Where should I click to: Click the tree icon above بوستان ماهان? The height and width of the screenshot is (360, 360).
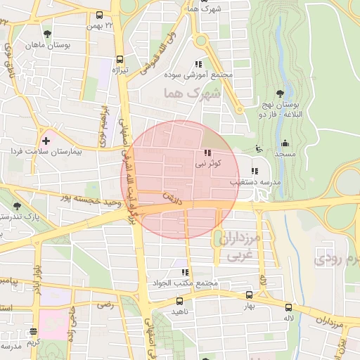(x=47, y=33)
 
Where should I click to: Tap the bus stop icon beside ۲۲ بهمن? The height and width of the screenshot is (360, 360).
(x=100, y=15)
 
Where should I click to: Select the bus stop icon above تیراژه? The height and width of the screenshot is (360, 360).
(x=120, y=59)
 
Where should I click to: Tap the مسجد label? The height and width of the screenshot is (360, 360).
(x=285, y=153)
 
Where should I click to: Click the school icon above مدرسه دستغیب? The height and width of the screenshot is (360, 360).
(x=255, y=170)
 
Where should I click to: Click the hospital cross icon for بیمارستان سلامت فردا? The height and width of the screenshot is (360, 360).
(x=46, y=141)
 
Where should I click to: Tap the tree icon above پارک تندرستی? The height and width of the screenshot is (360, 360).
(x=17, y=206)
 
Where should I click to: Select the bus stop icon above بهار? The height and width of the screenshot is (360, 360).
(x=249, y=295)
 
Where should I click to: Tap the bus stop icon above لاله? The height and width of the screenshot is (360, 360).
(x=288, y=307)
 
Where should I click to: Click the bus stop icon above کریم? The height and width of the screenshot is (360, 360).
(x=34, y=331)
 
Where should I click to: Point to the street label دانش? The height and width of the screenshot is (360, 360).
(x=172, y=198)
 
